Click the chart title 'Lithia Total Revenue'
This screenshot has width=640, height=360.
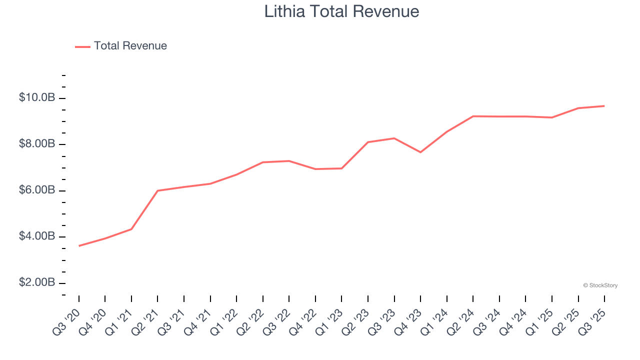tap(341, 11)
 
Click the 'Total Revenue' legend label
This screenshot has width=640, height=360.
tap(130, 46)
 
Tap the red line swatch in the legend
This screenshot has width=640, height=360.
tap(82, 46)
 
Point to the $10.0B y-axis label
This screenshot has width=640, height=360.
tap(37, 97)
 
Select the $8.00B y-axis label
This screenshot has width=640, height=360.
tap(37, 144)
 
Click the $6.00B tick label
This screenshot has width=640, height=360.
tap(37, 190)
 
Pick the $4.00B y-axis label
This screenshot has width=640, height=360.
tap(37, 236)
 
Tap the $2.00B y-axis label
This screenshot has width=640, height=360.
tap(37, 283)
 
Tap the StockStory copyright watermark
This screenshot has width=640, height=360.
tap(600, 285)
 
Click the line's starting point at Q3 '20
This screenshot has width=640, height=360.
tap(79, 246)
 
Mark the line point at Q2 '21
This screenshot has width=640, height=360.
tap(157, 190)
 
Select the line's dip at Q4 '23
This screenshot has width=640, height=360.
tap(420, 152)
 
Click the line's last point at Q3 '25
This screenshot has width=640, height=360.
tap(604, 106)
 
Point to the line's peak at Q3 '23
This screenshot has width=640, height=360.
tap(394, 138)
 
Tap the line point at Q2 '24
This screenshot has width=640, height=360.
tap(473, 116)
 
